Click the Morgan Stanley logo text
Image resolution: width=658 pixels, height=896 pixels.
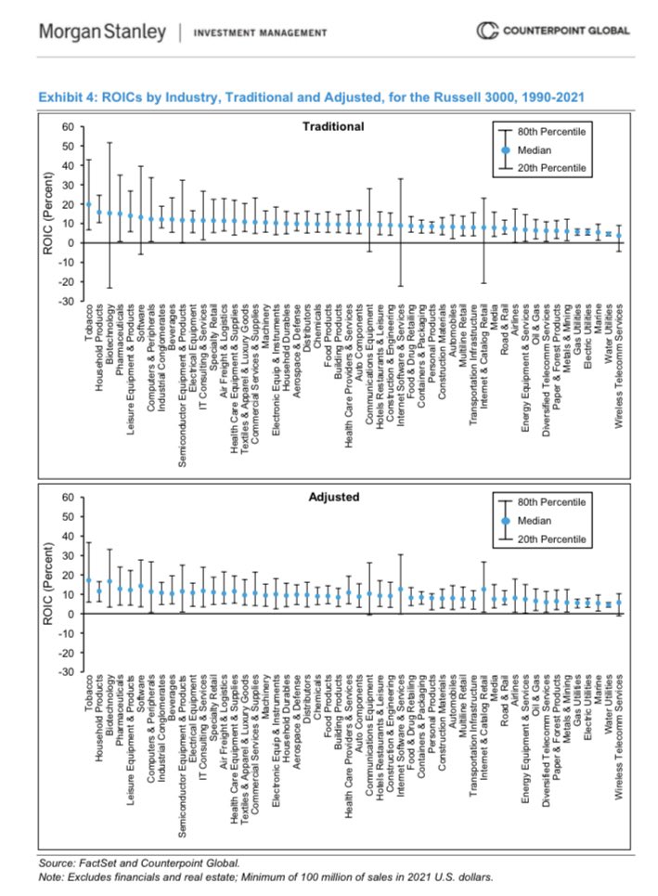point(102,32)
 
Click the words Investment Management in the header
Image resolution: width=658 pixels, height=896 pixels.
point(260,32)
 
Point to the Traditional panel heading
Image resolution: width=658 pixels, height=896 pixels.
point(333,126)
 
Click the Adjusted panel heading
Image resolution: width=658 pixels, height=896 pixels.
point(333,497)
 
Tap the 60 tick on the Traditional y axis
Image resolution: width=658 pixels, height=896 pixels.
point(67,126)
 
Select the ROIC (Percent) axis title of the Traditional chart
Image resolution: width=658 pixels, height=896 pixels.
point(46,214)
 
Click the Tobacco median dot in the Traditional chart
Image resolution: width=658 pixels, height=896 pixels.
point(89,204)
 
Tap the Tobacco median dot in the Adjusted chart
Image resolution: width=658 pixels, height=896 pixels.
point(89,580)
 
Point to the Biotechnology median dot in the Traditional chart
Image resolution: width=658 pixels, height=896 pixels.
point(110,213)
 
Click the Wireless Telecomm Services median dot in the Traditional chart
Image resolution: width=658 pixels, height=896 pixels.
point(619,236)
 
